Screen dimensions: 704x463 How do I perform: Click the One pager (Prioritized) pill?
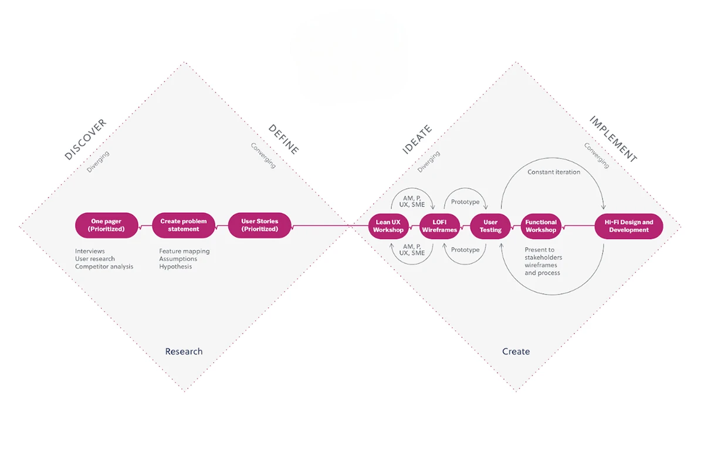(107, 225)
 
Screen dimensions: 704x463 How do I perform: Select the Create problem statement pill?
(184, 225)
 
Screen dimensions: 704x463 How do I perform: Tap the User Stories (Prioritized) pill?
(259, 225)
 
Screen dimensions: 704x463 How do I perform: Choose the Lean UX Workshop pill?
(388, 226)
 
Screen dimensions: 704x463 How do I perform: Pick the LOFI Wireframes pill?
(439, 226)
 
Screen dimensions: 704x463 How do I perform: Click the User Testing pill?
(490, 226)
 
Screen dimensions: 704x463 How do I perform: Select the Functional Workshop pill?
(541, 226)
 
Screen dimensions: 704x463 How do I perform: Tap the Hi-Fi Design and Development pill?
(629, 226)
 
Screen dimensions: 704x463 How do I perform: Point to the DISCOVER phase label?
(86, 139)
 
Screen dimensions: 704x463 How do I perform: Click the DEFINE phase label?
(283, 139)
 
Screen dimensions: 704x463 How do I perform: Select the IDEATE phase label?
(417, 140)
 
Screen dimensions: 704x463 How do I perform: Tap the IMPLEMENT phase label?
(613, 139)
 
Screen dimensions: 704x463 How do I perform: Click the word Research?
(184, 352)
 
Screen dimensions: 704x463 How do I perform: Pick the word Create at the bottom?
(516, 352)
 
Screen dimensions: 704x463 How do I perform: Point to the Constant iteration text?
(554, 172)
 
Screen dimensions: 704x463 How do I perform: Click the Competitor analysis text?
(104, 266)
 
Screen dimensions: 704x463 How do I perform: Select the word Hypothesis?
(175, 266)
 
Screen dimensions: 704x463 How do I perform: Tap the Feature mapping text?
(184, 251)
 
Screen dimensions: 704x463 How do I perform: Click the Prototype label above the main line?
(465, 202)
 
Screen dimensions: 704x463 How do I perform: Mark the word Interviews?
(90, 251)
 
